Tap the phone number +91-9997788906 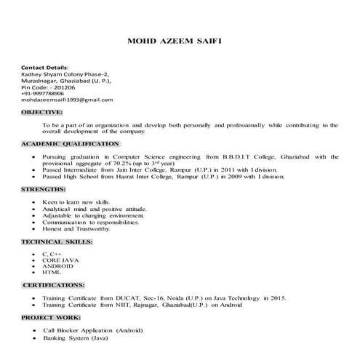[x=44, y=93]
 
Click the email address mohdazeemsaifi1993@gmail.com [x=68, y=100]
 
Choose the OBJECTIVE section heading [x=41, y=113]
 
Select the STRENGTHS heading [x=45, y=189]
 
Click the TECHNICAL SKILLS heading [x=57, y=241]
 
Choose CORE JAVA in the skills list [x=61, y=259]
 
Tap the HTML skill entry [x=52, y=272]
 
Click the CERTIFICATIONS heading [x=55, y=284]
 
